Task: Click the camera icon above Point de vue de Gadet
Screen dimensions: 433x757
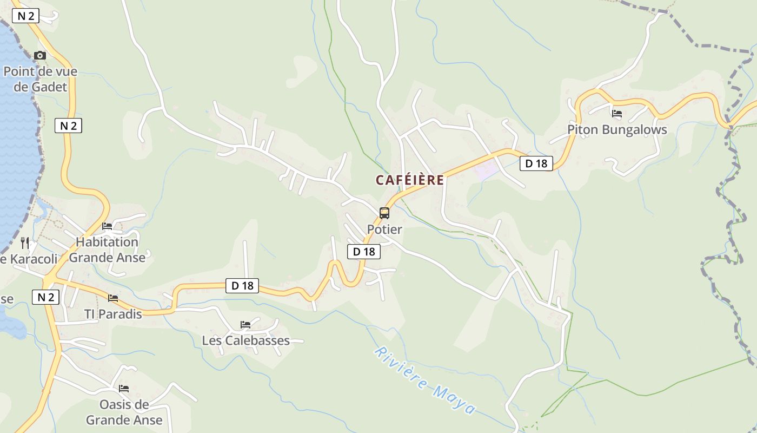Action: click(40, 55)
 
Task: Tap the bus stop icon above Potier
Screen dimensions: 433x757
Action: click(384, 213)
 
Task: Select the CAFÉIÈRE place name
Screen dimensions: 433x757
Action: click(410, 180)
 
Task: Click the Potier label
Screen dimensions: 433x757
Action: click(384, 229)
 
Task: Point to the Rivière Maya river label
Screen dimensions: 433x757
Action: click(425, 380)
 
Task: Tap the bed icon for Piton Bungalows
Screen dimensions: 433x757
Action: click(617, 114)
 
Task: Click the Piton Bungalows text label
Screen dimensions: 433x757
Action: click(617, 130)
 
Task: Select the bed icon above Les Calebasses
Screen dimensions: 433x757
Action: click(245, 325)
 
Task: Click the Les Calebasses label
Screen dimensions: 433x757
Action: click(246, 341)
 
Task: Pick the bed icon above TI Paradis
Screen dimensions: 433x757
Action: click(113, 298)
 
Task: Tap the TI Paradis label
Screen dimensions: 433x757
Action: click(113, 314)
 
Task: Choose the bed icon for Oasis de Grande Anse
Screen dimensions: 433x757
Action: click(124, 389)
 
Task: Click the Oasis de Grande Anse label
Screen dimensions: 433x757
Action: click(124, 412)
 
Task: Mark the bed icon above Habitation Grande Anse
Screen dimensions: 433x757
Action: click(107, 226)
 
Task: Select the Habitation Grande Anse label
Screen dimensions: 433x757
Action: click(107, 250)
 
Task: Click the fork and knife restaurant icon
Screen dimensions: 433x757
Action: click(24, 242)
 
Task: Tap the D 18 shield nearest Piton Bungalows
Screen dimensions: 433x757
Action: click(536, 163)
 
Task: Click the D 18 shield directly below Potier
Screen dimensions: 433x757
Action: click(364, 252)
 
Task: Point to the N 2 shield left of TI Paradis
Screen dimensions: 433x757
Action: click(45, 297)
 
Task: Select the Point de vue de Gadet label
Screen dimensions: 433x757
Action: click(41, 79)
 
